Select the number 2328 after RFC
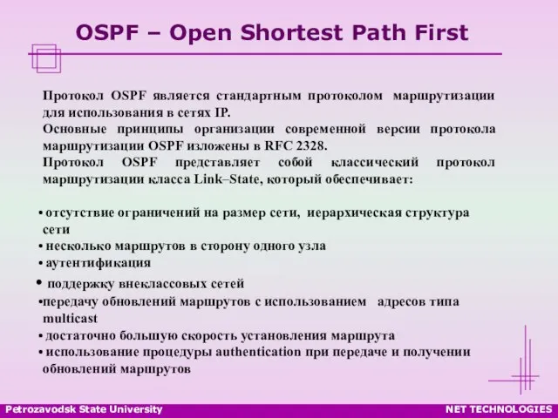[311, 146]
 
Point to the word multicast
[70, 319]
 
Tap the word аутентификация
[99, 263]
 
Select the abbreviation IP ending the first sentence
[222, 112]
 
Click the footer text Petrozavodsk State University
[84, 409]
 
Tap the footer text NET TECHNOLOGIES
[499, 409]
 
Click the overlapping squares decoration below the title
[46, 58]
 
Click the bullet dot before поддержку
[39, 282]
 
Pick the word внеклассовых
[163, 284]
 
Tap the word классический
[375, 163]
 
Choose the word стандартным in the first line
[259, 96]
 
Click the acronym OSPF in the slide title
[107, 32]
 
